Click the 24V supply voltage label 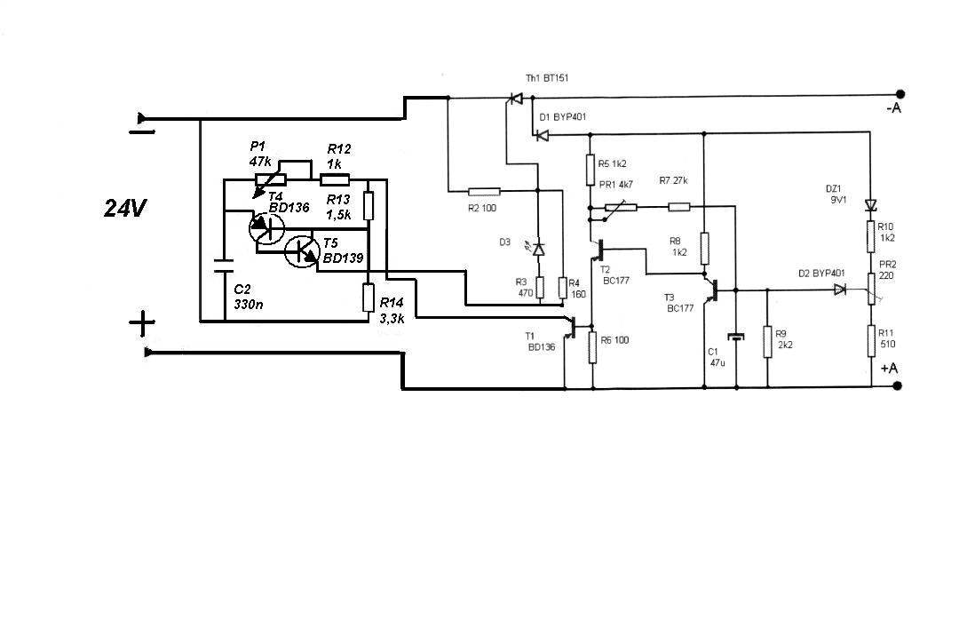pos(125,210)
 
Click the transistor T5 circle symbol pos(302,250)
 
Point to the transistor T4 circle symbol pos(266,228)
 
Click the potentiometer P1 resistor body pos(271,179)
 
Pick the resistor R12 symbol pos(335,179)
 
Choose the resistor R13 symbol pos(369,205)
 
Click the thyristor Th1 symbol pos(516,99)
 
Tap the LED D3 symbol pos(538,248)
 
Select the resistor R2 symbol pos(484,191)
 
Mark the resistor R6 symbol pos(592,347)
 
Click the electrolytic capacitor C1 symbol pos(736,337)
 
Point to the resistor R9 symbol pos(768,342)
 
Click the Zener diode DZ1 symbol pos(871,205)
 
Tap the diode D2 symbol pos(839,289)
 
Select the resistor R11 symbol pos(871,341)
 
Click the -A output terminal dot pos(900,94)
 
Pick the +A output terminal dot pos(898,385)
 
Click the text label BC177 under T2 pos(616,280)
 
